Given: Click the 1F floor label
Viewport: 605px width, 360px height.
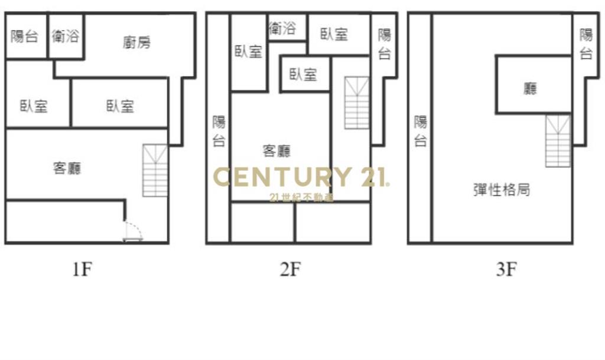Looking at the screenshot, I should tap(83, 270).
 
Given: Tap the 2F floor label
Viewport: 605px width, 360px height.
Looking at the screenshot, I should tap(290, 270).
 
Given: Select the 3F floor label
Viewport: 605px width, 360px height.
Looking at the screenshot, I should tap(507, 270).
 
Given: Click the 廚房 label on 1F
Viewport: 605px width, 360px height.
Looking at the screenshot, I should tap(136, 43).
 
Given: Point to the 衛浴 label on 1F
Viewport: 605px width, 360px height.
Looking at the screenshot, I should tap(66, 36).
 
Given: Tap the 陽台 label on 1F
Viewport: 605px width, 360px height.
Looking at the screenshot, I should tap(25, 36).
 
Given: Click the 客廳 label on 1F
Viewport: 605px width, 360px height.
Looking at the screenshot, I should tap(67, 168).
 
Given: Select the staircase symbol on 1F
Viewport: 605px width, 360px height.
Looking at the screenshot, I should tap(155, 171).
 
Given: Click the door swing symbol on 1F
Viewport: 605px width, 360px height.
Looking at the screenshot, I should tap(133, 231).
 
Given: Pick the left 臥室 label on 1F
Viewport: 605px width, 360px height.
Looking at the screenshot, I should tap(34, 106).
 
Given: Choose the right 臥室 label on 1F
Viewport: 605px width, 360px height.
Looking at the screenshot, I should tap(121, 106).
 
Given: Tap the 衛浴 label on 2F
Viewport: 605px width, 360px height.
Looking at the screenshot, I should tap(282, 28).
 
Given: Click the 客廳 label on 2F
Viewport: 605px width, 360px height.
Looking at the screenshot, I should tap(277, 151).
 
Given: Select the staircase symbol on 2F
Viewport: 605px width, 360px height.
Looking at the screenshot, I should tap(357, 103).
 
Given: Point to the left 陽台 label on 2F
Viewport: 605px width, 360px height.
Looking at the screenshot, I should tap(219, 132).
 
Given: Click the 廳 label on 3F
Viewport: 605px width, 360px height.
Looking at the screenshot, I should tap(531, 89).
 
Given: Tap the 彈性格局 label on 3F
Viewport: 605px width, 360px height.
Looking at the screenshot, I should tap(502, 190).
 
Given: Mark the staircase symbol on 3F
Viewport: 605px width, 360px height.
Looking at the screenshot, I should tap(558, 141).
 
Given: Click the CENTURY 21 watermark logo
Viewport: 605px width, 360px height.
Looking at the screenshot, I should tap(301, 177).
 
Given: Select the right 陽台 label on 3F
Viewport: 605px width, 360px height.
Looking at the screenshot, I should tap(586, 44).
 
